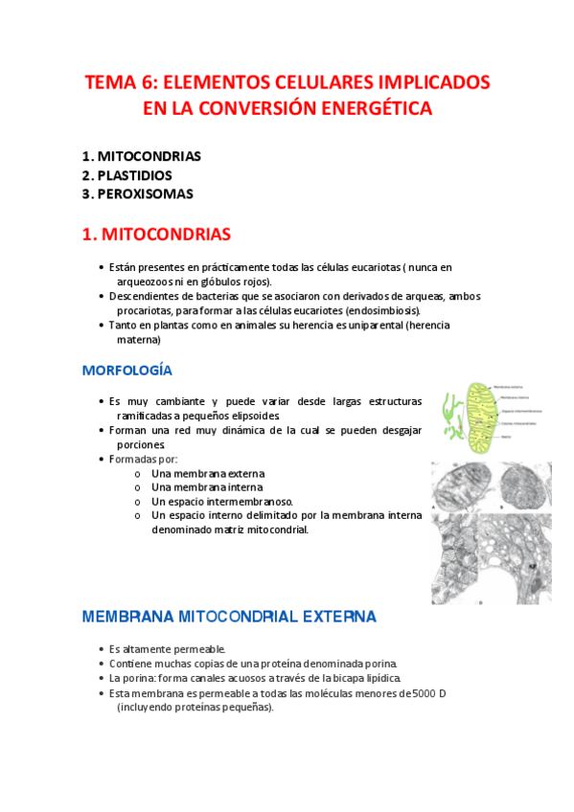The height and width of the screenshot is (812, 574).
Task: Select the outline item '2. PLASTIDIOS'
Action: pos(127,175)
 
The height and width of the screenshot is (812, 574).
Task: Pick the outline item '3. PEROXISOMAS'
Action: pos(138,193)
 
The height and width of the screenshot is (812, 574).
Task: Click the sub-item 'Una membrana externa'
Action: pos(208,473)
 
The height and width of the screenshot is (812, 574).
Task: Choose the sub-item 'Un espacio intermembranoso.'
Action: pos(222,501)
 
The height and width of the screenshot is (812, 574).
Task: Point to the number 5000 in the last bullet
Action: pos(424,692)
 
